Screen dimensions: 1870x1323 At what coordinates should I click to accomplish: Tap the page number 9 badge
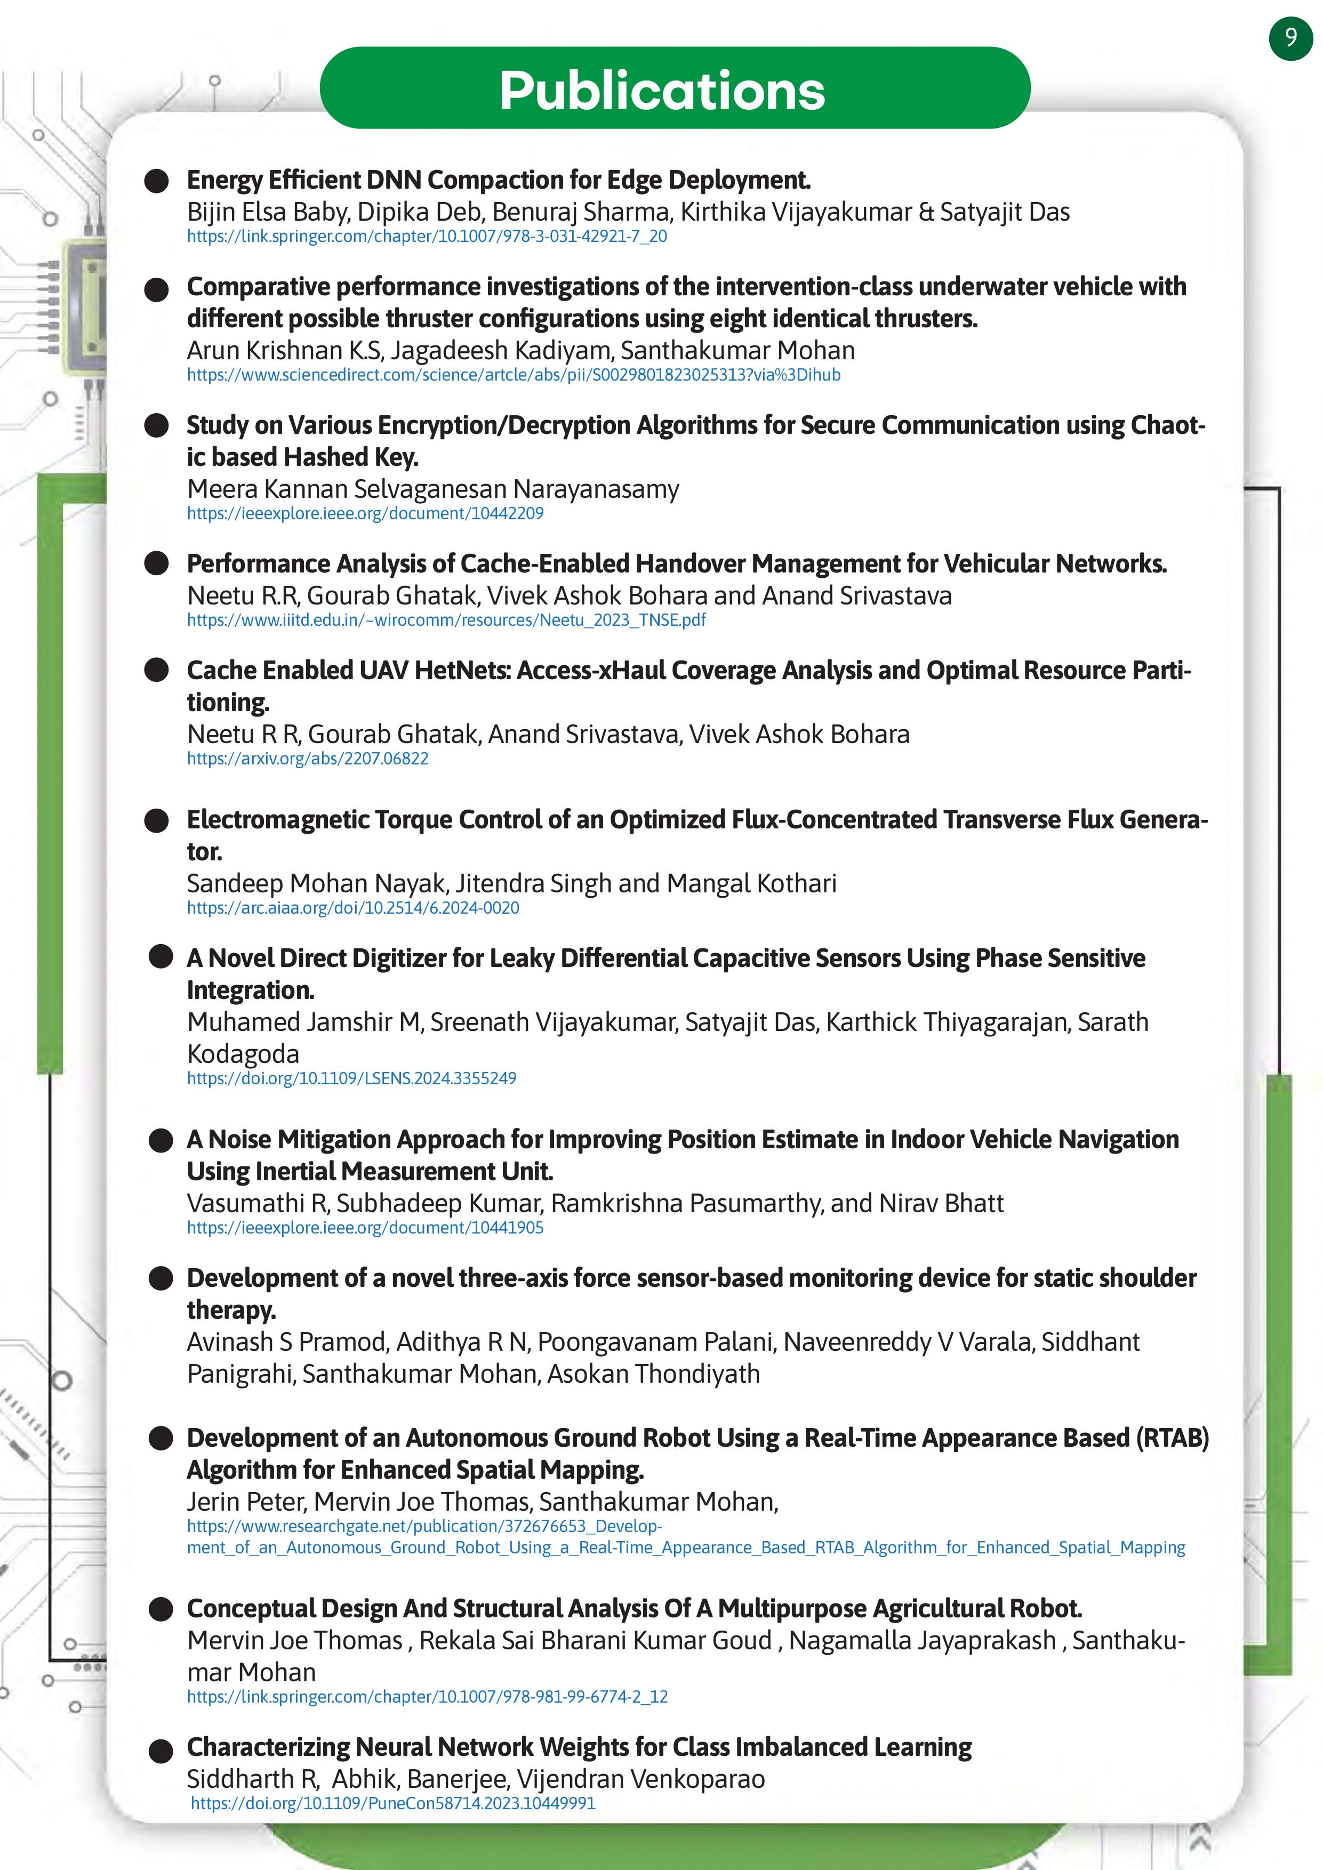pos(1290,37)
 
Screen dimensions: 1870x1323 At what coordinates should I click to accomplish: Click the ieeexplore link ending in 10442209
pos(365,513)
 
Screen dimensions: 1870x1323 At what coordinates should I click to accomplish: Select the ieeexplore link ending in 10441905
pos(365,1228)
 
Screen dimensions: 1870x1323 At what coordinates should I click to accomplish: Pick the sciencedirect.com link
pos(513,375)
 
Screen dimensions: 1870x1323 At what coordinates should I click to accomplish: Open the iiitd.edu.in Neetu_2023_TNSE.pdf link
pos(446,620)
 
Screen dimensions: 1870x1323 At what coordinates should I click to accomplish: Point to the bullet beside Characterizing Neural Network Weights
pos(161,1750)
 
